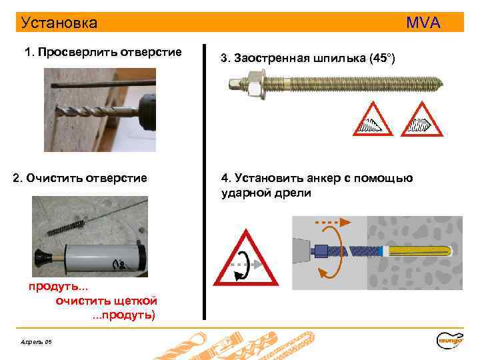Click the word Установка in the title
point(59,23)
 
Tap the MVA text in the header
point(423,23)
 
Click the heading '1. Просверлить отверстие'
point(103,52)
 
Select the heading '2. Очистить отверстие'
point(80,178)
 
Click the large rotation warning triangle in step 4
point(245,261)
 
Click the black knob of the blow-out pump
point(41,257)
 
